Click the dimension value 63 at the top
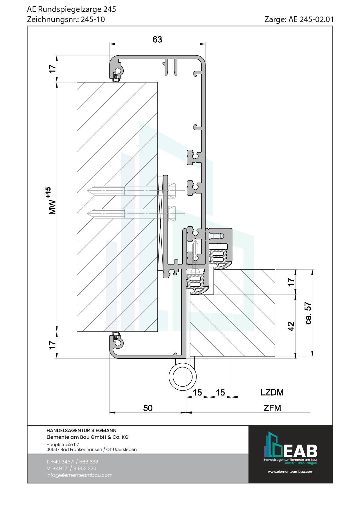coord(157,39)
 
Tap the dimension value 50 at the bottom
coord(148,408)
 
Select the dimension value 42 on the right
coord(291,326)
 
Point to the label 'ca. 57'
coord(308,313)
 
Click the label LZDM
coord(272,392)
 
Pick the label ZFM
coord(272,408)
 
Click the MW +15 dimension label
coord(51,201)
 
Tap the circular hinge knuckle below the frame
coord(183,377)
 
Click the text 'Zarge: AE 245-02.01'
coord(299,19)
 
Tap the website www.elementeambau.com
coord(290,472)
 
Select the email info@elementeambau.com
coord(79,475)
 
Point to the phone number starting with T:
coord(72,462)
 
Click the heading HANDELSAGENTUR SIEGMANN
coord(81,430)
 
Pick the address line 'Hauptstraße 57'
coord(62,444)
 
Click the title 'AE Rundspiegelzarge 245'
coord(71,9)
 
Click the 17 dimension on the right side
coord(291,282)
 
